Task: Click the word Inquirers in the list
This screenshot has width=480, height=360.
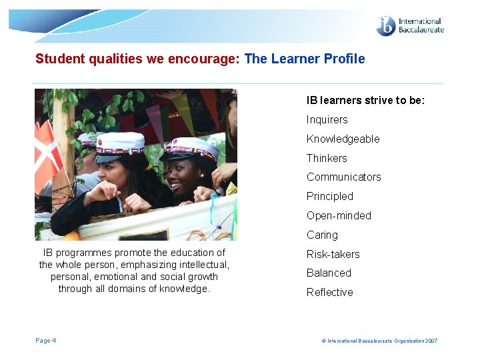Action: pos(327,120)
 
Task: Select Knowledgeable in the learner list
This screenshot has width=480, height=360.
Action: pos(343,139)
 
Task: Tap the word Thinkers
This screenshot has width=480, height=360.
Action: pos(327,159)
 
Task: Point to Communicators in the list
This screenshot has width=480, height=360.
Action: pos(343,177)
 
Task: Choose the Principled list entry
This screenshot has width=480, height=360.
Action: pos(329,197)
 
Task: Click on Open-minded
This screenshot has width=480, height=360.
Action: pos(339,216)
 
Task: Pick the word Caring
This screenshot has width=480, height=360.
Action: pos(322,235)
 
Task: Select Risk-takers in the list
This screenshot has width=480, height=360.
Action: pos(333,255)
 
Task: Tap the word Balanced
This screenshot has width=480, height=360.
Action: pos(329,273)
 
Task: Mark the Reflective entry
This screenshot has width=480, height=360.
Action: pos(329,293)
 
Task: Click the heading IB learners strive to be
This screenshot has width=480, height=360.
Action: pos(365,101)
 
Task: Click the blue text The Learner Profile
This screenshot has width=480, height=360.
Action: pos(305,59)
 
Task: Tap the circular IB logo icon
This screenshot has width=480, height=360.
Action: pos(386,26)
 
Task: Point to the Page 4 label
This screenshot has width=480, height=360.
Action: pos(45,341)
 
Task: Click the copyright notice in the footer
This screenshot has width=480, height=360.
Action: pos(379,341)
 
